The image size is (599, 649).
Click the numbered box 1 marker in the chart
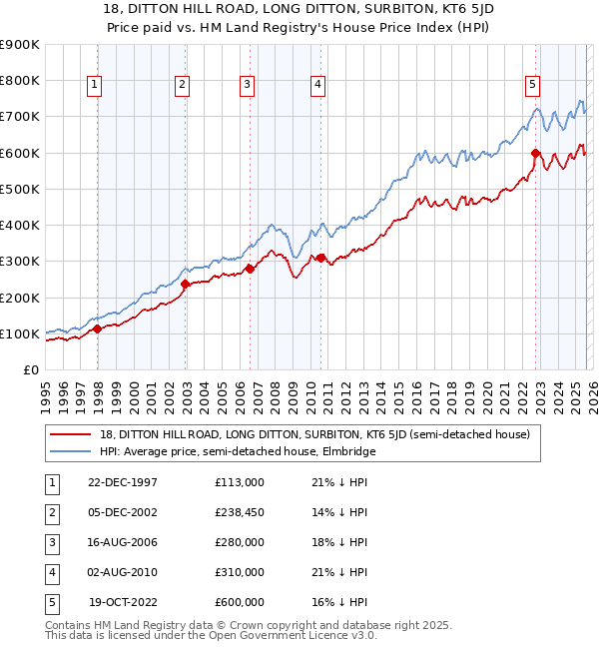(94, 86)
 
